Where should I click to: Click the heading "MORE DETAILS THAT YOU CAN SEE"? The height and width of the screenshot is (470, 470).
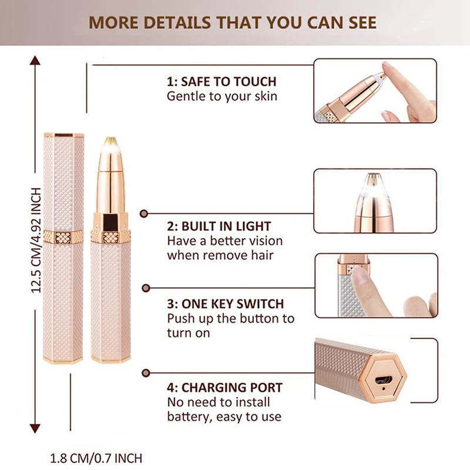[233, 22]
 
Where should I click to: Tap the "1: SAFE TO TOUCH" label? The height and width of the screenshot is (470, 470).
[221, 82]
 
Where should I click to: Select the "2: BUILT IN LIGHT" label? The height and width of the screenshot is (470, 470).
[219, 226]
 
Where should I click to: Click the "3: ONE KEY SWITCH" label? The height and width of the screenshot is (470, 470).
[225, 304]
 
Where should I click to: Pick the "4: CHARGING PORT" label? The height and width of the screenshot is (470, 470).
[224, 388]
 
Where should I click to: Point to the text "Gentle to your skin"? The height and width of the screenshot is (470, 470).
[221, 96]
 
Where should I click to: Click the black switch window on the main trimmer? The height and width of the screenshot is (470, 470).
[110, 223]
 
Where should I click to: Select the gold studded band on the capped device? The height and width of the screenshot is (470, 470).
[63, 237]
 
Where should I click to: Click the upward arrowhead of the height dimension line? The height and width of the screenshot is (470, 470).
[35, 61]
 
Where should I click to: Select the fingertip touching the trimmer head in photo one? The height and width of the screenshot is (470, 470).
[391, 73]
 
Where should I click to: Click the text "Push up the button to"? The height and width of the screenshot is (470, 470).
[230, 319]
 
